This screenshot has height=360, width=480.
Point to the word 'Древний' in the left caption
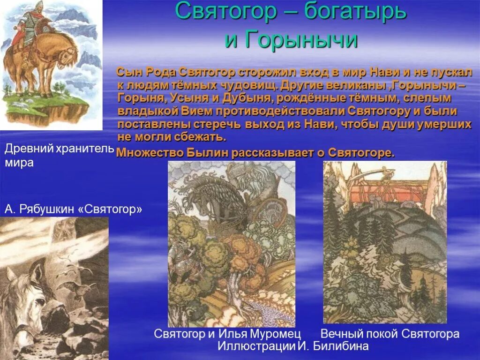click(x=29, y=149)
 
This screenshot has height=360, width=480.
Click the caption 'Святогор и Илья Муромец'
click(x=227, y=334)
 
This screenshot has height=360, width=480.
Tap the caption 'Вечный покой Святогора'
click(x=390, y=334)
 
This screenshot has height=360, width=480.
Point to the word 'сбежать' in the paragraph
click(x=205, y=137)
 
